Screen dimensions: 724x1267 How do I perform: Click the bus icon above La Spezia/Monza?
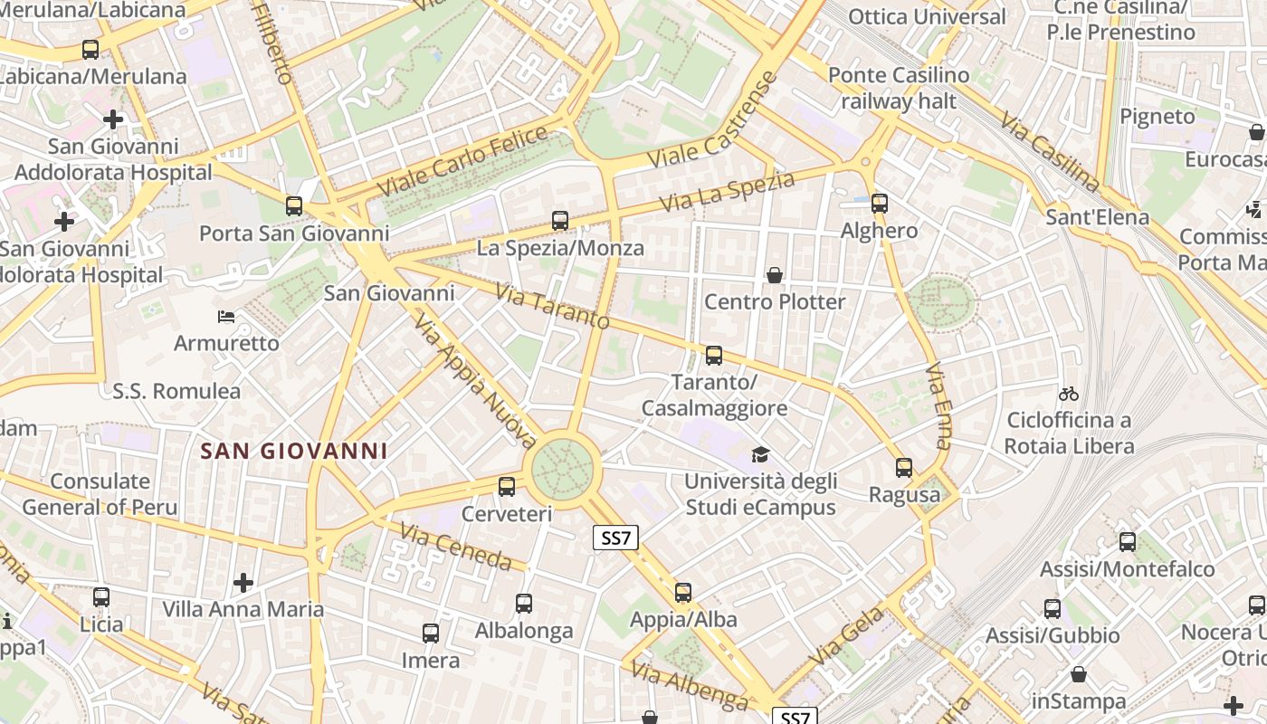click(560, 220)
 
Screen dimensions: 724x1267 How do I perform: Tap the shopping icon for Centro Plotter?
click(775, 274)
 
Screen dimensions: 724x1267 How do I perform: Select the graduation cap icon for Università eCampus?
click(760, 454)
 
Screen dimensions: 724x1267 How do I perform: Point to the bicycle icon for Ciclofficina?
click(1069, 394)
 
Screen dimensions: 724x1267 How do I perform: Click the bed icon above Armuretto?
click(226, 317)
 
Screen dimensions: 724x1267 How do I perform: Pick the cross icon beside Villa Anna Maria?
click(243, 582)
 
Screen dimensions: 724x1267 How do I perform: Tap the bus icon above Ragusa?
click(904, 468)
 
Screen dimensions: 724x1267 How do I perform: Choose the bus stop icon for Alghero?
click(879, 204)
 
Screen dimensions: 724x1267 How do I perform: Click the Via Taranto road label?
click(553, 307)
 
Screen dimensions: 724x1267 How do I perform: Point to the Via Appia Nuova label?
click(475, 380)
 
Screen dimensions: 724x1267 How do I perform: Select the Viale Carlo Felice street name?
click(462, 161)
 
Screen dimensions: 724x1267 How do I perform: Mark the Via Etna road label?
click(938, 406)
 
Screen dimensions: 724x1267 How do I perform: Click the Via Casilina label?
click(1050, 151)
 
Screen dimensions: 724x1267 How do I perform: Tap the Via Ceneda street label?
click(456, 547)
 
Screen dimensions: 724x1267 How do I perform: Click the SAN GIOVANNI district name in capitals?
click(294, 451)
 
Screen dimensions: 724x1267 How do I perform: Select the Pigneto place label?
click(1157, 116)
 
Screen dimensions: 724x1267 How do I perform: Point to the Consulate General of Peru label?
click(100, 494)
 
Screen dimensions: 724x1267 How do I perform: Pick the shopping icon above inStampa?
click(1078, 674)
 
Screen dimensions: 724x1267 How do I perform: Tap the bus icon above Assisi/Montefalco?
click(1127, 542)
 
